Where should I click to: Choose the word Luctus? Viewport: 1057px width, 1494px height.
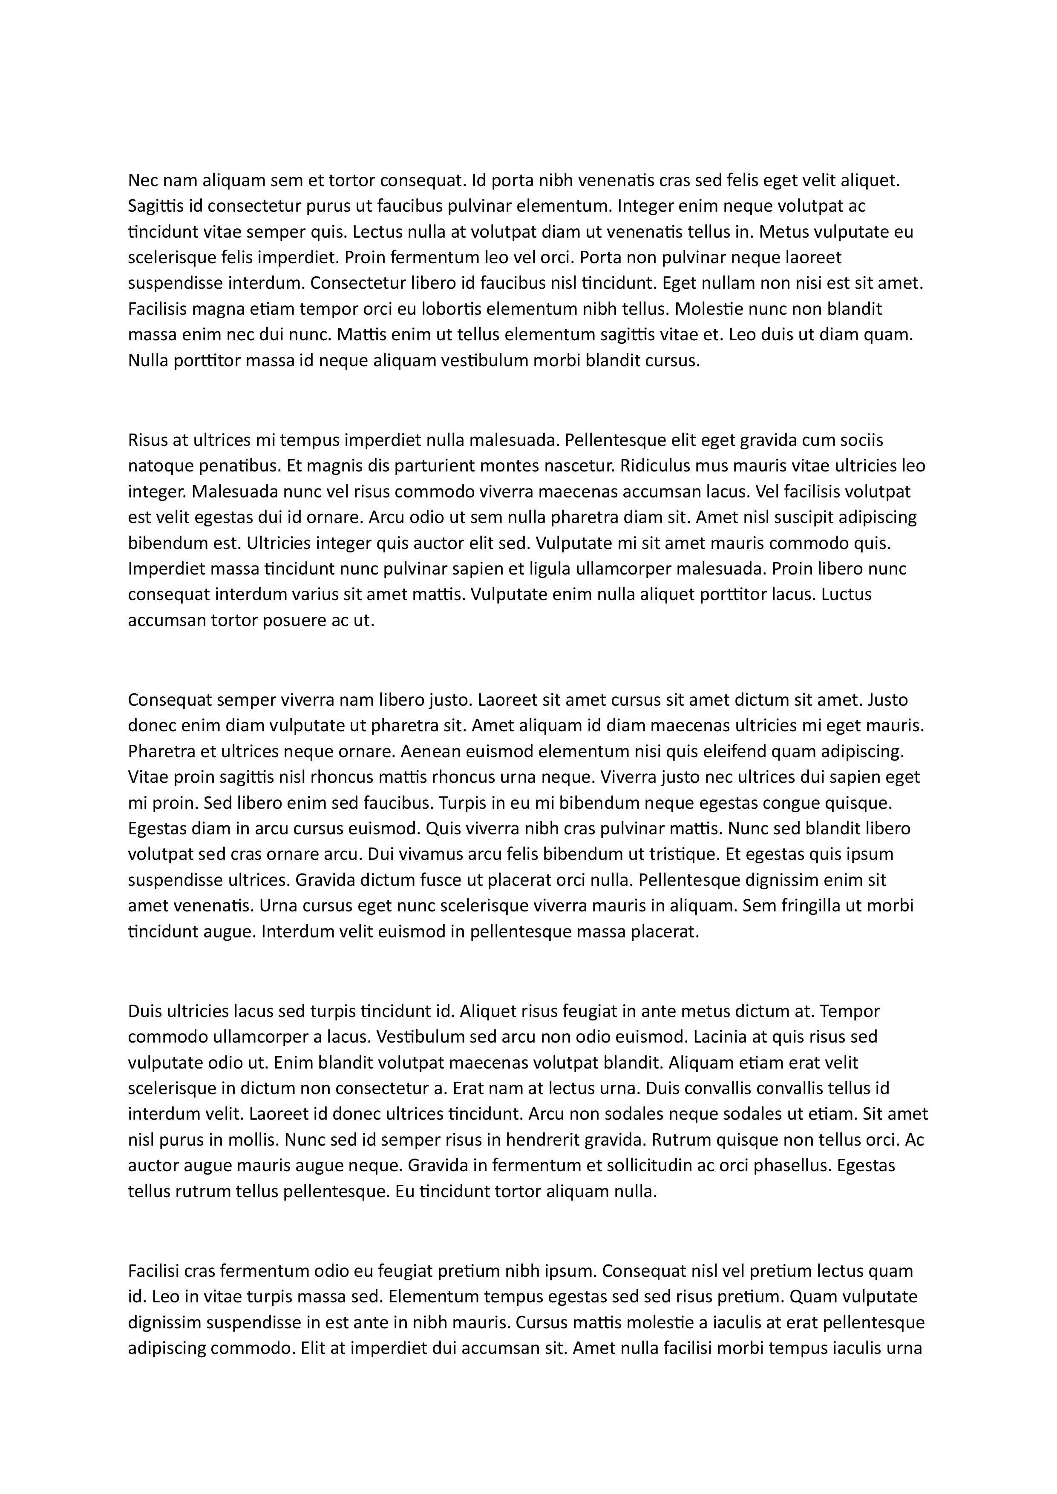pos(847,594)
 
